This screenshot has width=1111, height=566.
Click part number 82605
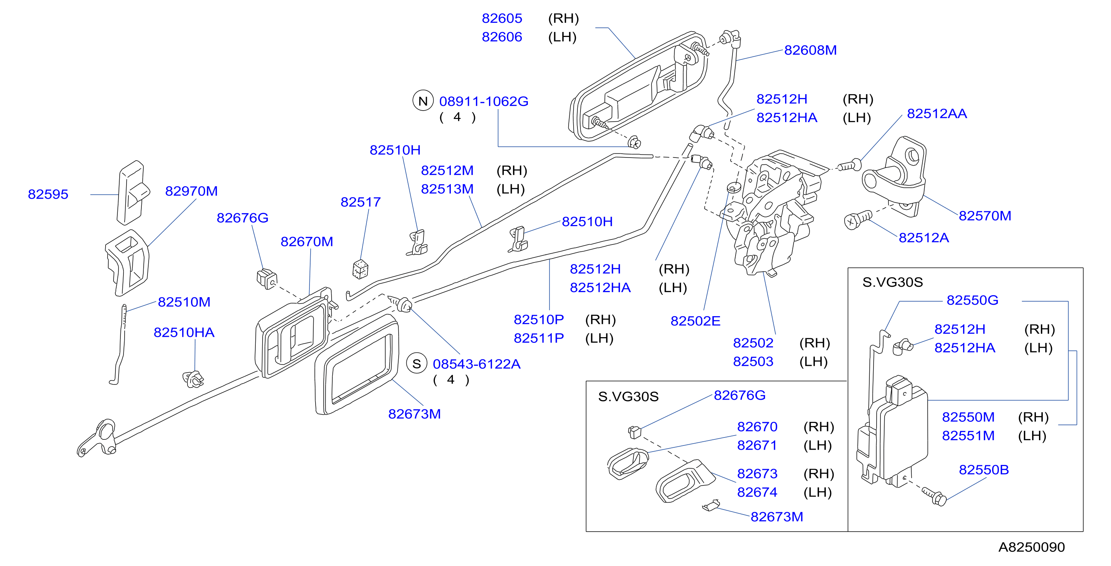[502, 19]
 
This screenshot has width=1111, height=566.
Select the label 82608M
[810, 50]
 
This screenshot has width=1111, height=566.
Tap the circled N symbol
[423, 101]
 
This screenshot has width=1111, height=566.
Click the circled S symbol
[417, 363]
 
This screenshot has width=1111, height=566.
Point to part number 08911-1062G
[484, 101]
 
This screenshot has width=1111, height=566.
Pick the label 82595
[48, 194]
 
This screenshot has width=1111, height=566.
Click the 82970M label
[191, 191]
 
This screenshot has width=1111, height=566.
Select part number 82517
[361, 202]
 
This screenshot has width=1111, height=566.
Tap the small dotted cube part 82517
[360, 269]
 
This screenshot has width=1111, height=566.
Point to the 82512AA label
[937, 114]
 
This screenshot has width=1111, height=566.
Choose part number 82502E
[695, 321]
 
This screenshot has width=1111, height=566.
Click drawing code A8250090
[1031, 547]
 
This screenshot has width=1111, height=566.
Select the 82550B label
[983, 470]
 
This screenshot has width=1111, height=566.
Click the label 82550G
[972, 300]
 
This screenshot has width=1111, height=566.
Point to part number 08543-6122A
[476, 364]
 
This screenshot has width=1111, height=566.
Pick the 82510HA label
[184, 333]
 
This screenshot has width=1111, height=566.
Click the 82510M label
[184, 302]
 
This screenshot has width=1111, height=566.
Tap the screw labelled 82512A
[858, 219]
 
